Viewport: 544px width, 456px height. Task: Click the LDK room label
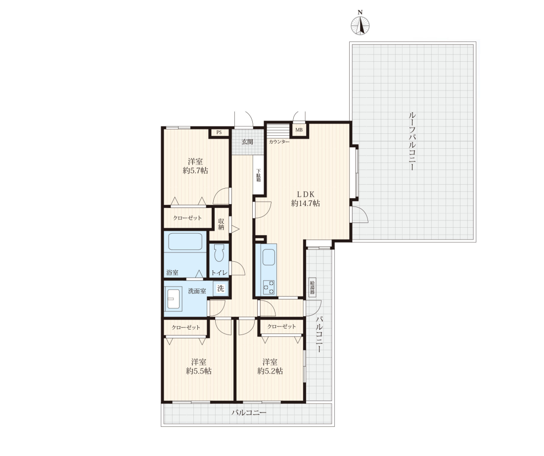tap(305, 194)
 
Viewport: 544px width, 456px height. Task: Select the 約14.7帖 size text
tap(305, 204)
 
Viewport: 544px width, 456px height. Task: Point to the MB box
tap(299, 130)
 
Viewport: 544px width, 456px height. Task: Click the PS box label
tap(219, 132)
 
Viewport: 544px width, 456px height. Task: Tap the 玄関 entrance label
tap(247, 142)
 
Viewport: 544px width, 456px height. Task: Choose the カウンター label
tap(279, 142)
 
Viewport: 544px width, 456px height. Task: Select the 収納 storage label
tap(222, 224)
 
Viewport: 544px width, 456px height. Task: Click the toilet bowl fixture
tap(219, 253)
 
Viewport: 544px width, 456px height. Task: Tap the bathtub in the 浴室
tap(185, 241)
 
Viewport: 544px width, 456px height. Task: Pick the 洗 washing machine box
tap(221, 289)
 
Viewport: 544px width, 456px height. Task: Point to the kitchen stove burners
tap(269, 287)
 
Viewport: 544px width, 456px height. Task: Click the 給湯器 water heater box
tap(312, 287)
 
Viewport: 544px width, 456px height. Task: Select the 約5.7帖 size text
tap(195, 170)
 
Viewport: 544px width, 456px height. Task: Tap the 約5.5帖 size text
tap(199, 371)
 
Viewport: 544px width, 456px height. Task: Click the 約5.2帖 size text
tap(270, 371)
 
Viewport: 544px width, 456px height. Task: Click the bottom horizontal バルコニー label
tap(249, 413)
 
